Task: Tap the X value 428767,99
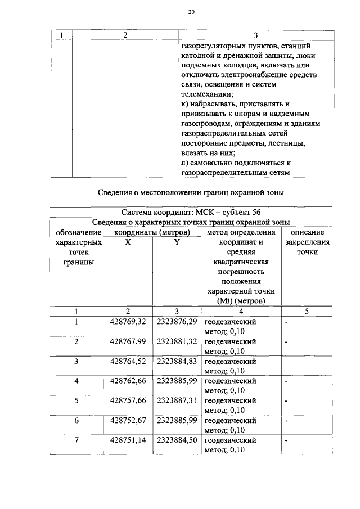128,342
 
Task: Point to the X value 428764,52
128,362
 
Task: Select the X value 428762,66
128,381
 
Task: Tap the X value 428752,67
128,421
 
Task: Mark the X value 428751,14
128,440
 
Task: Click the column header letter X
128,242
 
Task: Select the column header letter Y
177,242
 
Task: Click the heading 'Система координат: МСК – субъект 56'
191,212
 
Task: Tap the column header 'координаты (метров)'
151,232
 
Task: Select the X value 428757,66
128,401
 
